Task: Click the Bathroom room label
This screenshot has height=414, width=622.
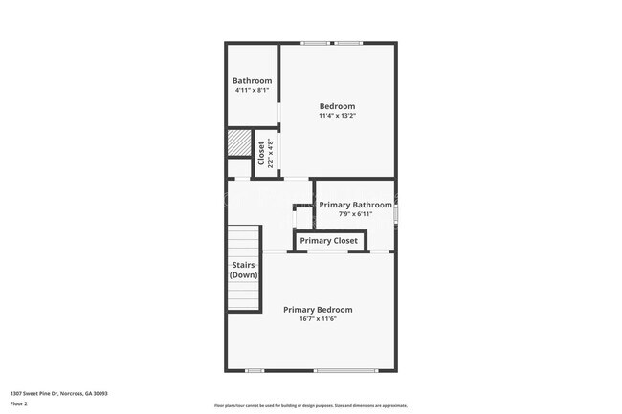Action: click(x=253, y=81)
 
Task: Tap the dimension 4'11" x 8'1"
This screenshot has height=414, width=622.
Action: click(x=253, y=92)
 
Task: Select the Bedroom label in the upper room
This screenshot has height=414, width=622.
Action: click(x=337, y=106)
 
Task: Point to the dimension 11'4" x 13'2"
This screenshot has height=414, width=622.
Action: click(x=337, y=116)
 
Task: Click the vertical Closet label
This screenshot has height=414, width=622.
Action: click(x=261, y=153)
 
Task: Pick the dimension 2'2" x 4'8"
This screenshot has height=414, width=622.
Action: click(x=271, y=153)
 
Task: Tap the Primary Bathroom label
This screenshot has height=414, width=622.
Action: click(x=355, y=205)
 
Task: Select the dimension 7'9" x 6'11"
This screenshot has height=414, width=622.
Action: click(x=355, y=214)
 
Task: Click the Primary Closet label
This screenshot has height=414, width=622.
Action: click(x=329, y=241)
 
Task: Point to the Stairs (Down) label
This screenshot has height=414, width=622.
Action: click(x=243, y=270)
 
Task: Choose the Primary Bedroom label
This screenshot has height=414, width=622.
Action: click(x=318, y=310)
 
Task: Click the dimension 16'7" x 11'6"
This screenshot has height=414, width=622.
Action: click(x=318, y=319)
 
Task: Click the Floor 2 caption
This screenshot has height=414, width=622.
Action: click(x=20, y=403)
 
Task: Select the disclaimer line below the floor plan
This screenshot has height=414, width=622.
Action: click(x=311, y=406)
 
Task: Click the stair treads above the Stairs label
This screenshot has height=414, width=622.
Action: click(x=244, y=239)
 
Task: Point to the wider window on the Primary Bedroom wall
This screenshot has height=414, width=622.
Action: click(x=345, y=370)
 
